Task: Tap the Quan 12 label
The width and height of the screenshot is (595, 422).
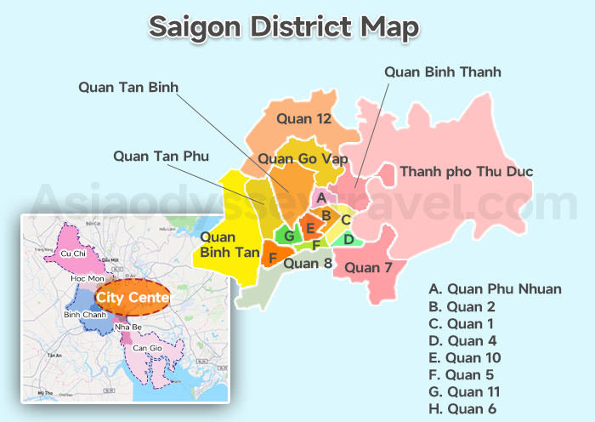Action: coord(303,119)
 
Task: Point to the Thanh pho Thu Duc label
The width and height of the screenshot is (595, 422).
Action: coord(466,172)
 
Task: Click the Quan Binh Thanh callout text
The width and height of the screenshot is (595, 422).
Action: coord(442,71)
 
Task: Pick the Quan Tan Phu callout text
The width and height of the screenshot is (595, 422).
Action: coord(161,156)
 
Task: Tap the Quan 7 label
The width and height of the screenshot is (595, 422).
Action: coord(370,268)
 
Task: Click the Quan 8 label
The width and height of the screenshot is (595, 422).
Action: coord(307,263)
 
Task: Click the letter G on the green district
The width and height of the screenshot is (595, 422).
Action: coord(289,236)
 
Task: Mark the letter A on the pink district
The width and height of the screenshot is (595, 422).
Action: coord(320,198)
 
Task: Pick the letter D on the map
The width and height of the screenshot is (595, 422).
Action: coord(348,239)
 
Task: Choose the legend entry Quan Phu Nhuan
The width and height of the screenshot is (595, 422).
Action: coord(495,289)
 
